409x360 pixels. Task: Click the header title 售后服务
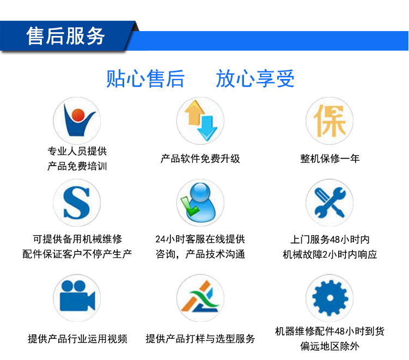pos(65,36)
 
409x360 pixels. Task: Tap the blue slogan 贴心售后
pos(145,78)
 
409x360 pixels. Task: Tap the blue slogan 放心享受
pos(255,78)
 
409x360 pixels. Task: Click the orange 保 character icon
pos(329,121)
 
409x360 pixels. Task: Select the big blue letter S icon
pos(77,203)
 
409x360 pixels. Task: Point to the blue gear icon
pos(329,298)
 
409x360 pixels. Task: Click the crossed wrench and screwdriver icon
pos(329,203)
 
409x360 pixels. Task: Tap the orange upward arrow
pos(194,113)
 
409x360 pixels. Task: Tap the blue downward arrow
pos(207,128)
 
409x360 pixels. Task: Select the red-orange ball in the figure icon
pos(78,115)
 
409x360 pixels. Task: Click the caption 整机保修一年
pos(329,158)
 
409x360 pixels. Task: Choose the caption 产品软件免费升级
pos(200,158)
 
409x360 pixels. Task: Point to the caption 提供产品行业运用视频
pos(77,339)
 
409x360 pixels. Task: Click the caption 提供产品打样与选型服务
pos(200,339)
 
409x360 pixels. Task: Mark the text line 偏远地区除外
pos(329,346)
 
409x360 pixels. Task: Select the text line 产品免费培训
pos(77,166)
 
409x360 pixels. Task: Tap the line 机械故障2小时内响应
pos(329,254)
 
